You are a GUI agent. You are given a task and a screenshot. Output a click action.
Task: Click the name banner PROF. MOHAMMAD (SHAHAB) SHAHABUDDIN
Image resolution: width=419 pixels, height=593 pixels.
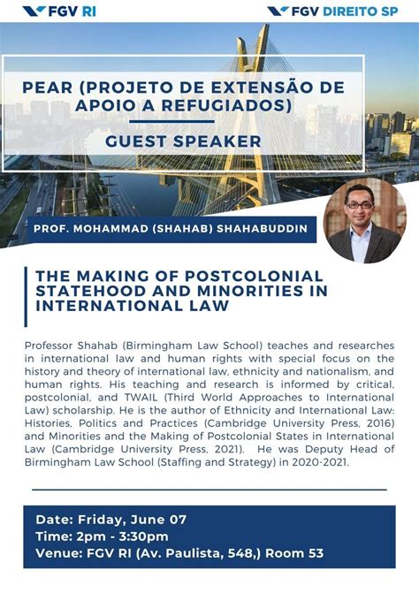click(172, 229)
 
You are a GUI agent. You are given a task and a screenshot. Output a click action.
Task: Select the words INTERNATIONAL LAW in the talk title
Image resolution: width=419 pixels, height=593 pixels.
click(132, 306)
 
